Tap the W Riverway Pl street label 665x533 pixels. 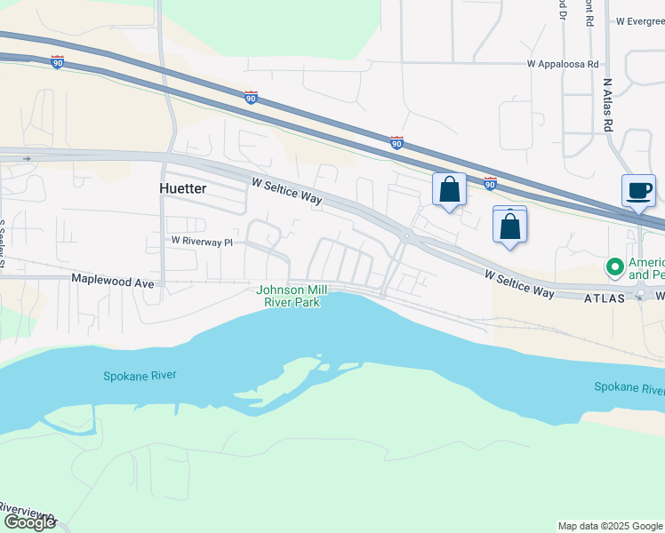tap(202, 241)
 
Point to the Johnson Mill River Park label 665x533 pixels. tap(291, 296)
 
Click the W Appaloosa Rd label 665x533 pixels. tap(564, 64)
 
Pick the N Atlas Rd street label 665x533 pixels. tap(607, 105)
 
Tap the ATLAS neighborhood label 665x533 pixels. tap(605, 299)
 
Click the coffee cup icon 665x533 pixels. tap(638, 190)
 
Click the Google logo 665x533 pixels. tap(29, 522)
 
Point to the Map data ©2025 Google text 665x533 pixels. tap(610, 526)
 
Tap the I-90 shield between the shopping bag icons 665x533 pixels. tap(490, 183)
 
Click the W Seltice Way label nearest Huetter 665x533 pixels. tap(286, 192)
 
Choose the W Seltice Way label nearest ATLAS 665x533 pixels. tap(520, 284)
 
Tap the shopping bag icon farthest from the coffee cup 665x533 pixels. tap(449, 189)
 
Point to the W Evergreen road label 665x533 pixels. tap(638, 20)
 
